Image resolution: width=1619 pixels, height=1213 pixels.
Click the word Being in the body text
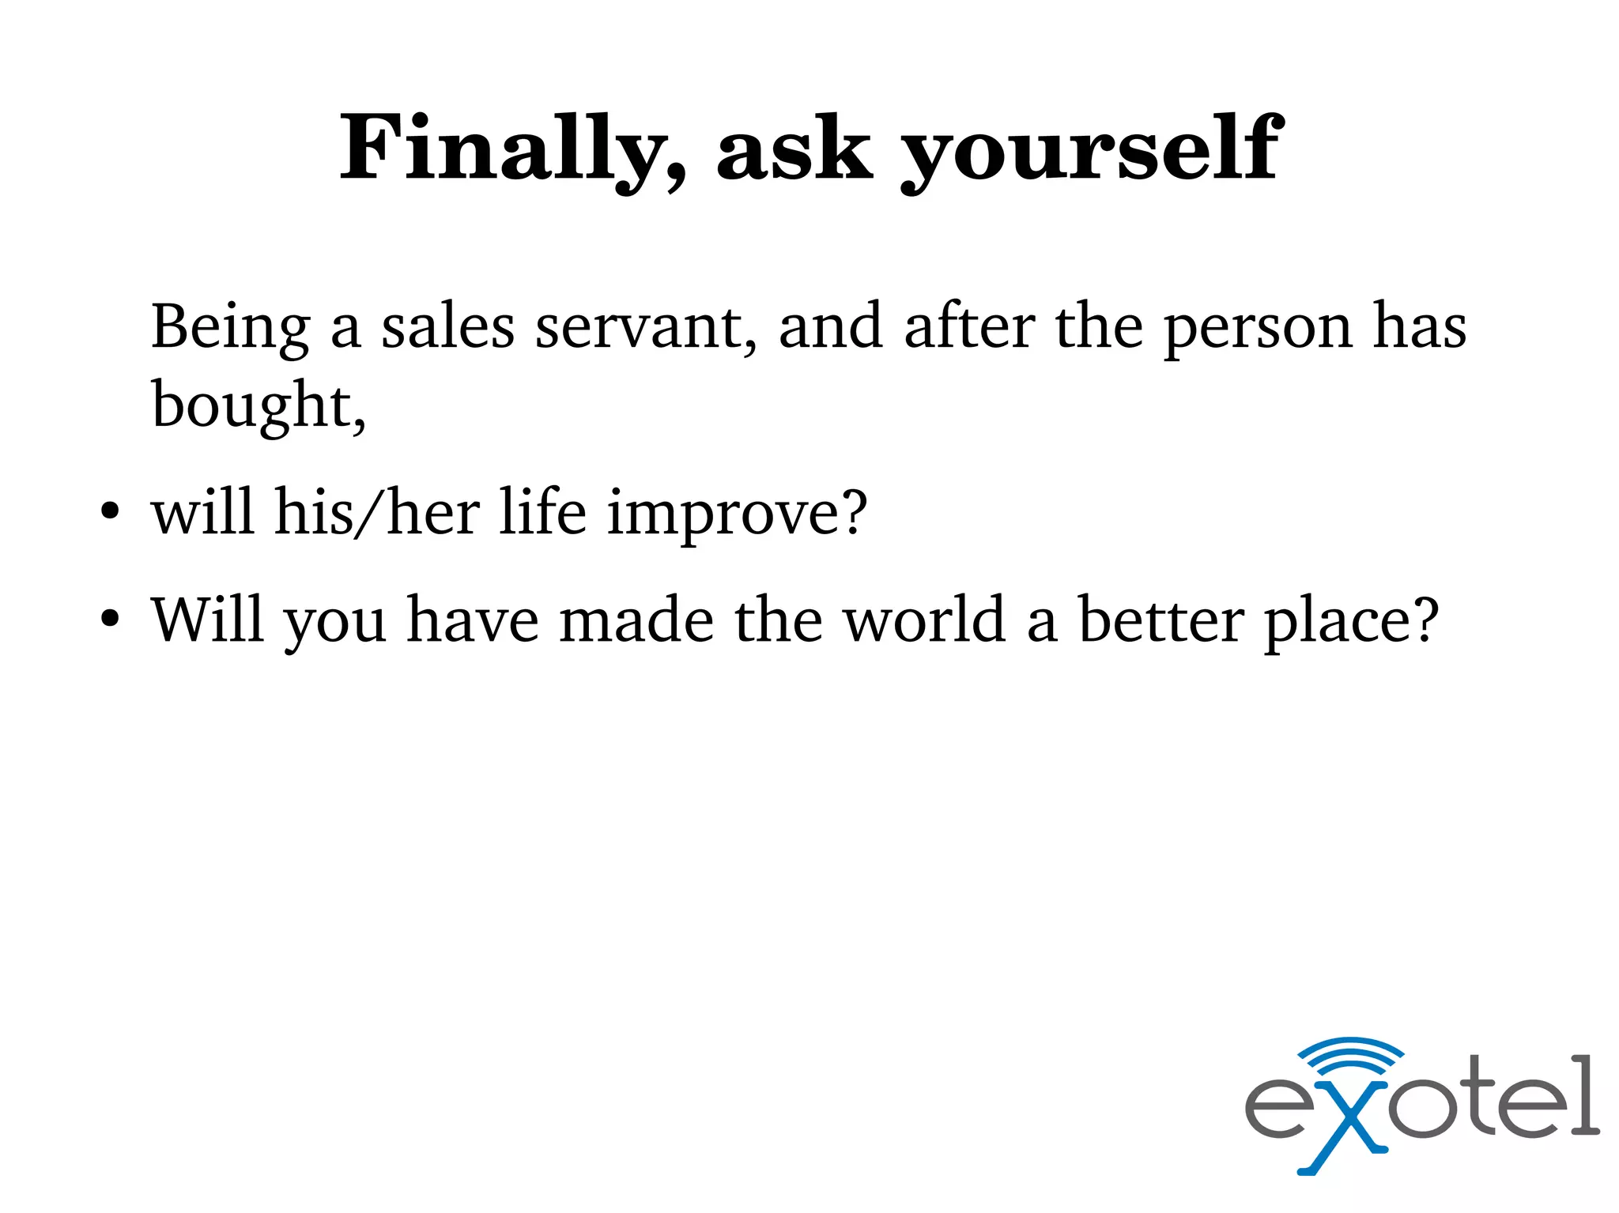230,327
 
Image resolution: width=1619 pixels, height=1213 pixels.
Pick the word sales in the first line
447,327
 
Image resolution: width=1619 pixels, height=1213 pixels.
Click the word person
1257,327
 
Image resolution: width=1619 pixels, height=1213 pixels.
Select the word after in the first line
969,327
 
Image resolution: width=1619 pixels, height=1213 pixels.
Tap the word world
925,620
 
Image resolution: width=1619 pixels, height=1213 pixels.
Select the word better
1161,620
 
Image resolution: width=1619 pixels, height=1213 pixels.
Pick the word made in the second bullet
636,620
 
